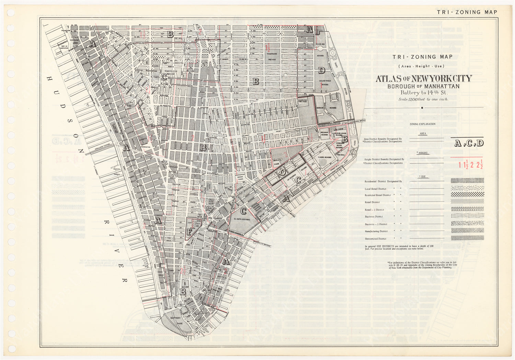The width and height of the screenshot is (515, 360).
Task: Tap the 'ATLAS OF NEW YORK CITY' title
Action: (423, 79)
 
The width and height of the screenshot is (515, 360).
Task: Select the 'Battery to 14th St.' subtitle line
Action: (423, 92)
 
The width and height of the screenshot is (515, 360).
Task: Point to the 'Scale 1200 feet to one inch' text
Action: (423, 99)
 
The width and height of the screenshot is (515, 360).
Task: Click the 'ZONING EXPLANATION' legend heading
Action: (422, 124)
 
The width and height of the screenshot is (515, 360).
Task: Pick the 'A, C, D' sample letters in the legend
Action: (469, 143)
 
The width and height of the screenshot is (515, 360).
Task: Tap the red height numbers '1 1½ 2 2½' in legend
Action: (470, 165)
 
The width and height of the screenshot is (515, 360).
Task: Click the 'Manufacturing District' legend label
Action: (376, 231)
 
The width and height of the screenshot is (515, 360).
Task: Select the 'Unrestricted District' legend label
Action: (375, 239)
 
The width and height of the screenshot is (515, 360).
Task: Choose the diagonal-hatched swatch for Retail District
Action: (467, 202)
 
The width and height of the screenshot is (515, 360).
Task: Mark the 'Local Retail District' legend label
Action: (375, 189)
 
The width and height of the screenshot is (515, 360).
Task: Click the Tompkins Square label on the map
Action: (272, 56)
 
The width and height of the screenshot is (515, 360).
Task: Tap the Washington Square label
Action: (168, 72)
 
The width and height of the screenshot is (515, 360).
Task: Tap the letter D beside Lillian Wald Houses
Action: (321, 71)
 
